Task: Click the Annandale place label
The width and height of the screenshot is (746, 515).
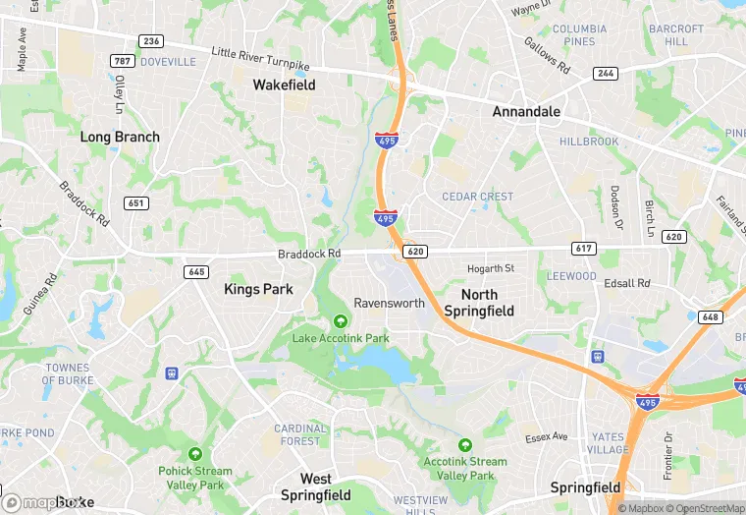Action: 526,112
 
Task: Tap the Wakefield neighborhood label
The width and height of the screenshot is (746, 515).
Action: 284,86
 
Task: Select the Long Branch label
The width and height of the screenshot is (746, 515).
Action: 120,138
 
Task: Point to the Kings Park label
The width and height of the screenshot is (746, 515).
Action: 258,289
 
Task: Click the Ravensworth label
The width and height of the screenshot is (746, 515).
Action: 389,303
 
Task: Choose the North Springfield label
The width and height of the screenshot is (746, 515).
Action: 479,303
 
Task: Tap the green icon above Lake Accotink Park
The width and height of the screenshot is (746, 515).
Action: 341,320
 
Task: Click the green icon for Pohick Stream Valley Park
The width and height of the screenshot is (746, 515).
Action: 195,454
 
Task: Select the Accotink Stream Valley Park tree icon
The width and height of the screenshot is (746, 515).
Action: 465,445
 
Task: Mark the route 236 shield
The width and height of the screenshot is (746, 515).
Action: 151,41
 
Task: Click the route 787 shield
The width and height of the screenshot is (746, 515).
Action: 123,61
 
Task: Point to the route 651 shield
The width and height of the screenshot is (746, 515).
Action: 136,202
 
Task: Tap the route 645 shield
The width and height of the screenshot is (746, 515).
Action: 196,271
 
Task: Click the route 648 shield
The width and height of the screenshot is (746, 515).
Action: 711,316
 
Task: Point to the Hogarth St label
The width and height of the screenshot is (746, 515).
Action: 491,268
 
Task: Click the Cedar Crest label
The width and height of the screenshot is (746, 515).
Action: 477,197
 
